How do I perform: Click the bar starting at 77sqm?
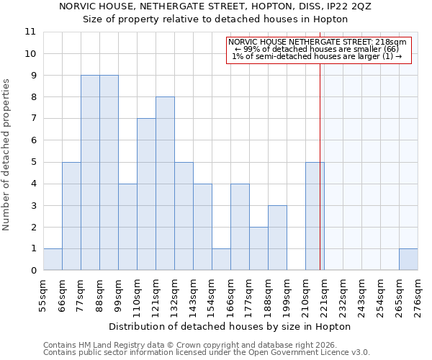(90, 173)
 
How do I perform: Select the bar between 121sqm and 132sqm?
(165, 184)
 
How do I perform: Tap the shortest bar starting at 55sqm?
(53, 259)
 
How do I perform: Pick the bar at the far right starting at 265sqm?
(408, 259)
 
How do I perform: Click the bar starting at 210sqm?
(315, 216)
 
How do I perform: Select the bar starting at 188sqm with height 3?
(277, 238)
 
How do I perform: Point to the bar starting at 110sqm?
(146, 194)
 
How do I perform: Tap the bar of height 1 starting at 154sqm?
(221, 259)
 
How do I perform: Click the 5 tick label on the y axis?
(32, 162)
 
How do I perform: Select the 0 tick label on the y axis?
(32, 270)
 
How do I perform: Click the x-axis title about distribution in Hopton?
(230, 326)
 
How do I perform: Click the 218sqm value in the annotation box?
(392, 42)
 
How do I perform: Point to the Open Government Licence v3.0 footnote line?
(206, 353)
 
